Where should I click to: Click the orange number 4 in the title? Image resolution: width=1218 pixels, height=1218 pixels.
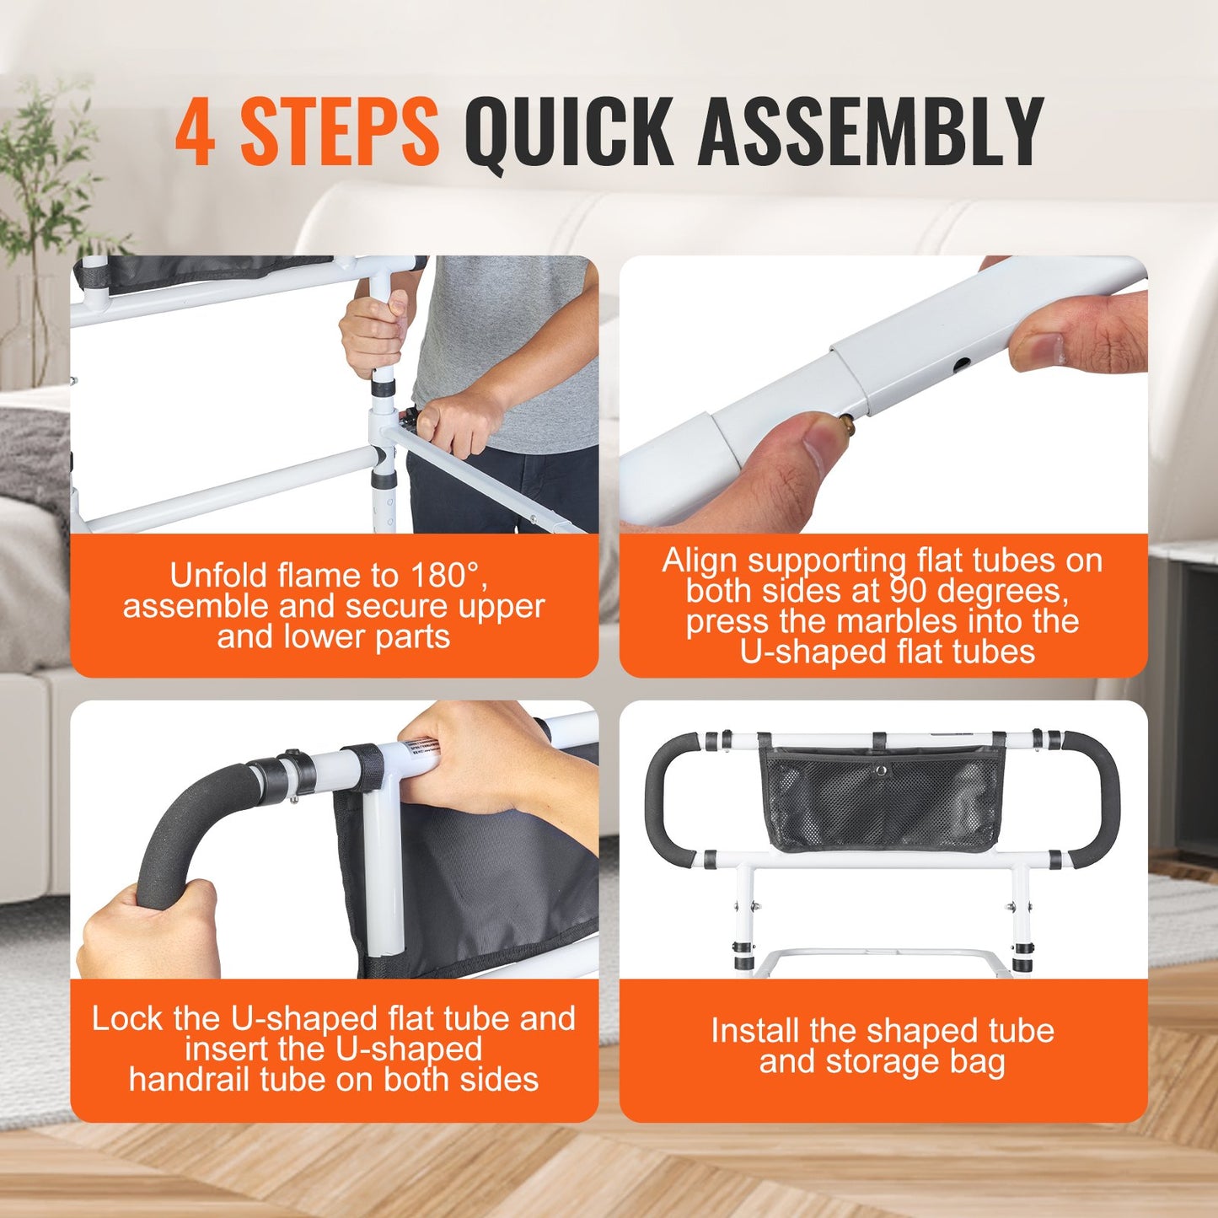pyautogui.click(x=196, y=131)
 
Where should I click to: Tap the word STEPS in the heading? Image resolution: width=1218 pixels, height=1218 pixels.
pyautogui.click(x=339, y=131)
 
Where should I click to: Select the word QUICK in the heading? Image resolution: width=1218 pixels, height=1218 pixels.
pyautogui.click(x=569, y=133)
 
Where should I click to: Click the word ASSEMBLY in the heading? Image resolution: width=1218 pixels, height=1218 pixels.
pyautogui.click(x=871, y=131)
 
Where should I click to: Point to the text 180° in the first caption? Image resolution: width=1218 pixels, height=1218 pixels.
pyautogui.click(x=448, y=576)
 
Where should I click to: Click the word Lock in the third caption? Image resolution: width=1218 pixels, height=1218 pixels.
pyautogui.click(x=126, y=1019)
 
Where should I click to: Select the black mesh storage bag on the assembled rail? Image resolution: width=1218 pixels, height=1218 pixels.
pyautogui.click(x=881, y=797)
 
